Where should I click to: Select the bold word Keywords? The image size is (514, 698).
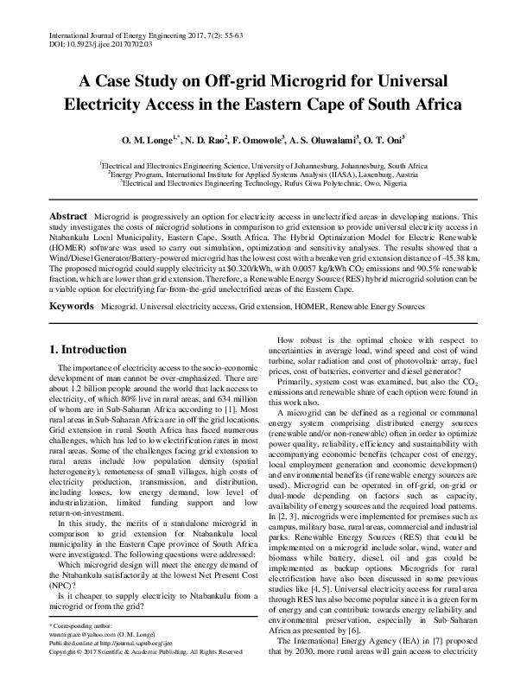tap(72, 306)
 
